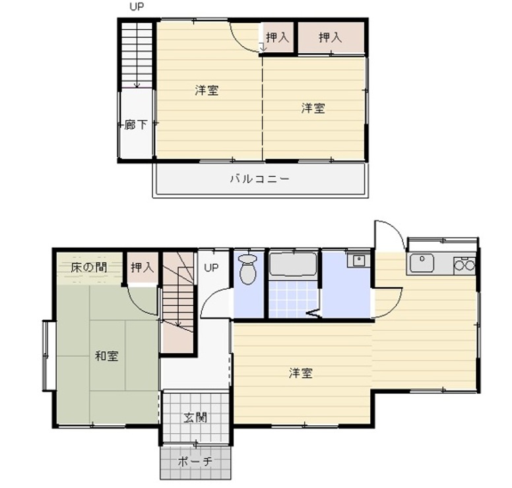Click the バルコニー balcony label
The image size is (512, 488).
259,178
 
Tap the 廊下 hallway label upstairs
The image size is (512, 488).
135,125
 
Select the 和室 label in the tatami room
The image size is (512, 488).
106,357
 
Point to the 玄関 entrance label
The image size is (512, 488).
195,417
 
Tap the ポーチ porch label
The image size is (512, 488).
195,462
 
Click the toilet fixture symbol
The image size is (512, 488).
247,269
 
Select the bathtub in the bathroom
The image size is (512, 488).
294,265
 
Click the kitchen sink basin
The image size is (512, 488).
420,264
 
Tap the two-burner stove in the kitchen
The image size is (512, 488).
464,265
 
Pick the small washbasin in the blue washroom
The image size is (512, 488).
359,260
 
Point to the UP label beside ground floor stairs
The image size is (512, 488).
210,267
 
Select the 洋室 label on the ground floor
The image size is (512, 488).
300,374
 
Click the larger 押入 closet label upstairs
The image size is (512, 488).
330,38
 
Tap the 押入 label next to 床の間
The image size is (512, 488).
142,267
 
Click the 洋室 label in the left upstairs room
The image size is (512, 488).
207,90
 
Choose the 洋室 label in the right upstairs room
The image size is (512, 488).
313,108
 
